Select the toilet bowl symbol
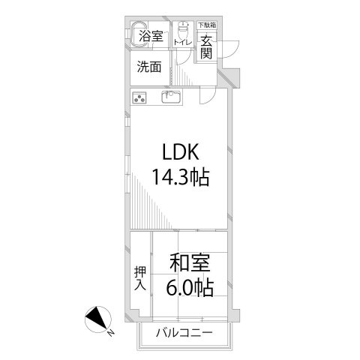[x=182, y=31]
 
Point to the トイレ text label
[x=182, y=43]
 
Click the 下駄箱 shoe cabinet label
[x=205, y=25]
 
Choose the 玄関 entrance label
[x=205, y=48]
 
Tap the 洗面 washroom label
[x=148, y=67]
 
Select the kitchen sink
[x=172, y=97]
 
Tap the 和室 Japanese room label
[x=189, y=263]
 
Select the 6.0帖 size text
[x=189, y=287]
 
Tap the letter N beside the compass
[x=110, y=333]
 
